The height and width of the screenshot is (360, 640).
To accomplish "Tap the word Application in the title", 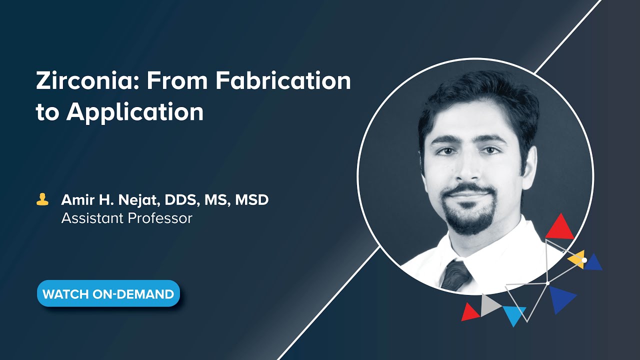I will point(135,112).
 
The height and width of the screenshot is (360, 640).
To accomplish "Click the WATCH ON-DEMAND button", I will point(108,293).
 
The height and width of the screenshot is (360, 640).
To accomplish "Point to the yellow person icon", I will point(42,200).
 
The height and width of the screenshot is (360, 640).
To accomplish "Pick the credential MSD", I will point(252,200).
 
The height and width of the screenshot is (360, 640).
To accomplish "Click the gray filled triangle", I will point(488,305).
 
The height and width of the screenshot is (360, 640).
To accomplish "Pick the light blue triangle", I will point(514,314).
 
